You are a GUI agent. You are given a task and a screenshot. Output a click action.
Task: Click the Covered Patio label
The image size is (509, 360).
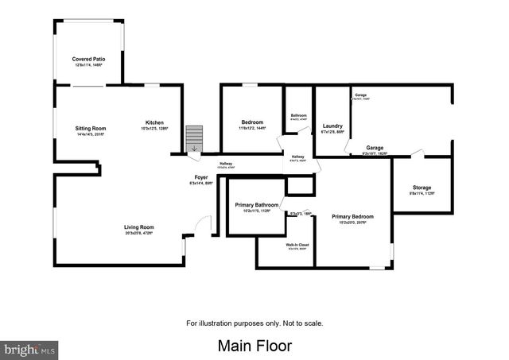tap(88, 59)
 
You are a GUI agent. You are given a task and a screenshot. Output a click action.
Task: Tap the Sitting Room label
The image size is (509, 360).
tap(91, 129)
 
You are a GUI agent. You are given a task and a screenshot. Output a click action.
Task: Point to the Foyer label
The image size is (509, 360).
tap(202, 177)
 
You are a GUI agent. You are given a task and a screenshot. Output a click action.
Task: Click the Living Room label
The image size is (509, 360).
tap(138, 227)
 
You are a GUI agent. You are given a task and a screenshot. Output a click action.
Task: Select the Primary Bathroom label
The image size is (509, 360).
tap(255, 205)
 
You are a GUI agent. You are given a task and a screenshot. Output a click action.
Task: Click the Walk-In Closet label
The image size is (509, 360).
tap(297, 245)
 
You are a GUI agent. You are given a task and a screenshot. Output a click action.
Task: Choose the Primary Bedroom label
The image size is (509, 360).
tap(352, 216)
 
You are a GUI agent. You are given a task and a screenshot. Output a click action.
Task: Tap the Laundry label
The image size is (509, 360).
tap(332, 126)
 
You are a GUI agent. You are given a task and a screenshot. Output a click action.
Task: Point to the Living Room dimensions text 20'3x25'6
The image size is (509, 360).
tap(138, 234)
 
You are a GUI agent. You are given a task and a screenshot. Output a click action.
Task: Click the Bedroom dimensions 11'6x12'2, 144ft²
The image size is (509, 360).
tap(252, 128)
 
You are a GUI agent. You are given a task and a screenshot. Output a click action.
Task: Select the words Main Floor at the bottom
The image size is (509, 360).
tap(254, 346)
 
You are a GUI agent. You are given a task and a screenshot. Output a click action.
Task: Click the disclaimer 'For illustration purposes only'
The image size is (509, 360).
tap(254, 323)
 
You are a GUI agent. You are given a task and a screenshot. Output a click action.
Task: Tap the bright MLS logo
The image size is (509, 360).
tap(30, 348)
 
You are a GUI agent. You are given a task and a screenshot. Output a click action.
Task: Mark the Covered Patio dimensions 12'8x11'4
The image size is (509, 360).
tap(88, 65)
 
